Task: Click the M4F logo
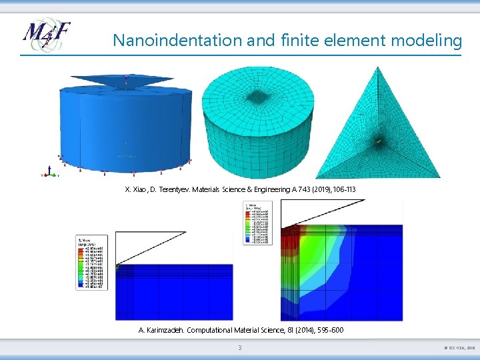pyautogui.click(x=46, y=37)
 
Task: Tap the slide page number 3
pyautogui.click(x=240, y=348)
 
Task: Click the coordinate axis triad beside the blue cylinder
pyautogui.click(x=49, y=173)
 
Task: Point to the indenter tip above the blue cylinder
pyautogui.click(x=126, y=87)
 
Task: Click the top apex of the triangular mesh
pyautogui.click(x=378, y=68)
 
